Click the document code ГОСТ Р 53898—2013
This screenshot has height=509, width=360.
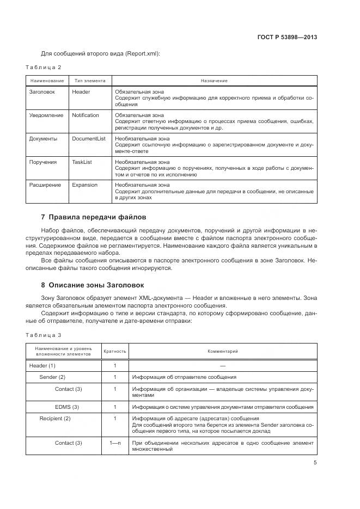click(287, 38)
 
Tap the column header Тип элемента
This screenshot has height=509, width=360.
click(89, 81)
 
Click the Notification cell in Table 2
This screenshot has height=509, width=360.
click(86, 115)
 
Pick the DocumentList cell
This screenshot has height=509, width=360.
click(89, 139)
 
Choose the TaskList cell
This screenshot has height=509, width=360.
click(82, 162)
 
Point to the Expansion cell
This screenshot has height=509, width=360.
click(85, 185)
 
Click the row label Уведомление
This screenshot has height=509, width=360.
click(46, 115)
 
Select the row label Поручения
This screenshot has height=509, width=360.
click(42, 162)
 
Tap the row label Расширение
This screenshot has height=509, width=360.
click(45, 185)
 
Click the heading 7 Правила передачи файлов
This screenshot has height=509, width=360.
click(94, 217)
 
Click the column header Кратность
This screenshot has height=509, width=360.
click(115, 352)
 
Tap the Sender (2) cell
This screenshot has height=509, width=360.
click(52, 377)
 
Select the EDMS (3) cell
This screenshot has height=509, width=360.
click(67, 407)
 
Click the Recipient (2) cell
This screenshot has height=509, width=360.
click(55, 419)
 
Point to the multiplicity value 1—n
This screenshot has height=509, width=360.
click(115, 443)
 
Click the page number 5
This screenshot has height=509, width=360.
click(315, 463)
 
